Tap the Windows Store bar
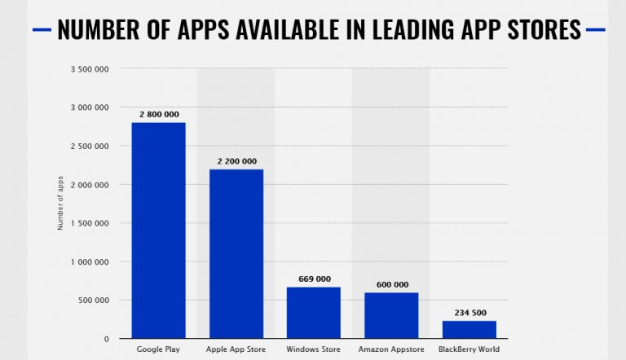pos(313,313)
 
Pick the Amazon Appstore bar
pos(391,315)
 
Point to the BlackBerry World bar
pos(469,330)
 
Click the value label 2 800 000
pos(158,115)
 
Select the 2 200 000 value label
pos(236,161)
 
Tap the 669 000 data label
pos(314,279)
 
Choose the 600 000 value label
pos(392,284)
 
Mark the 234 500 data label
pos(469,312)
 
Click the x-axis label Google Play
pos(158,349)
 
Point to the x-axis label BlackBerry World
pos(469,349)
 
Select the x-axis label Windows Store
pos(314,349)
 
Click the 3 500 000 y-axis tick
pos(91,68)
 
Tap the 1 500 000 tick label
pos(91,223)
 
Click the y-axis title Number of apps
pos(60,204)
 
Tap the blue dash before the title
pos(42,30)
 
